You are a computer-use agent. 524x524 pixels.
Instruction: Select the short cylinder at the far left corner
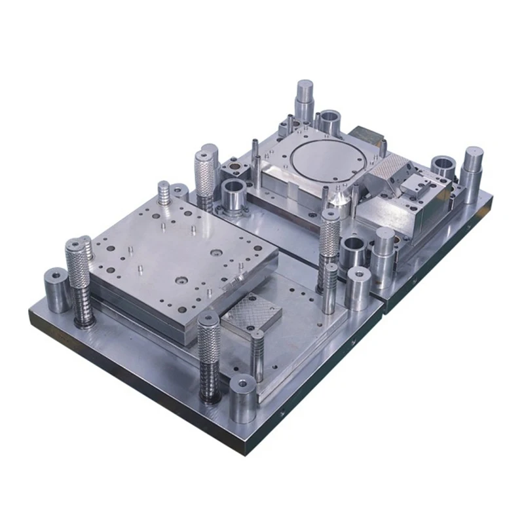[x=57, y=289]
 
